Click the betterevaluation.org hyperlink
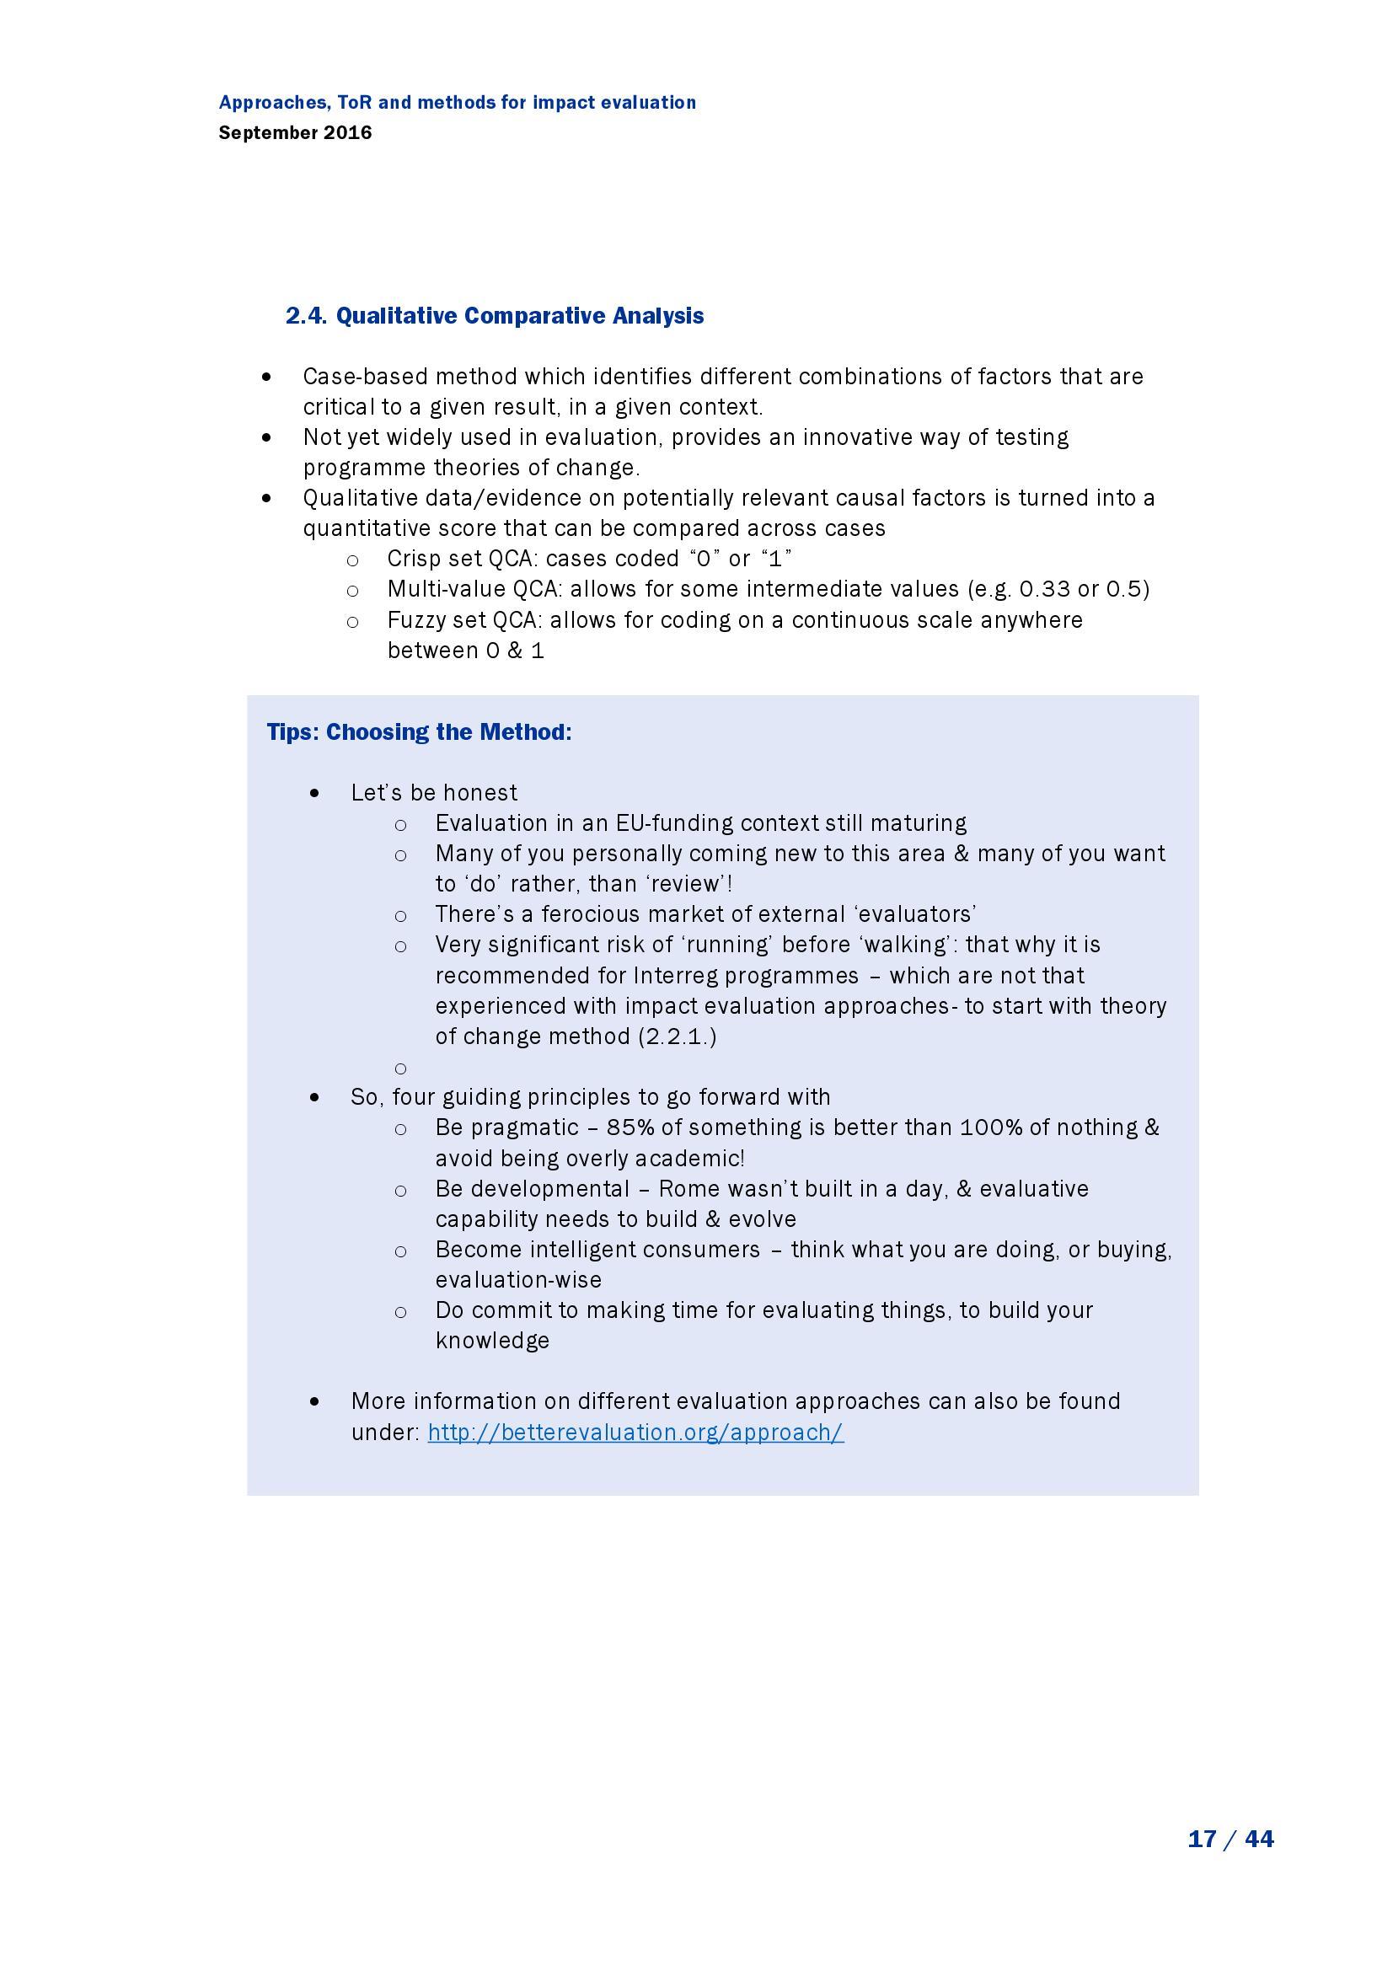(x=635, y=1432)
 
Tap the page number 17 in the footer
(x=1202, y=1839)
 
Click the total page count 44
(x=1258, y=1839)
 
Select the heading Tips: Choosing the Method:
(x=419, y=732)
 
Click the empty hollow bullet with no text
(x=400, y=1068)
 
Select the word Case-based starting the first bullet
(x=366, y=377)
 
